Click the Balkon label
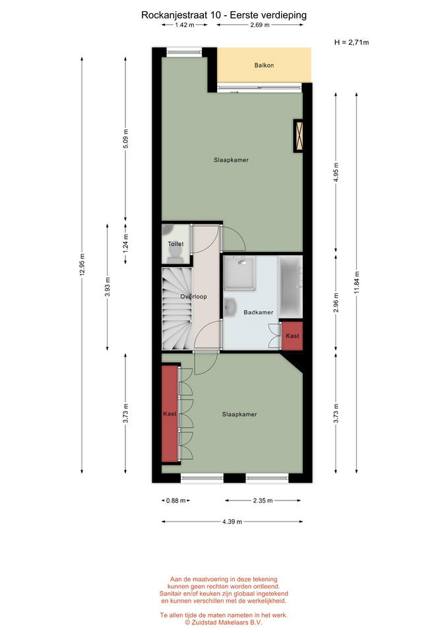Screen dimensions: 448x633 pos(264,65)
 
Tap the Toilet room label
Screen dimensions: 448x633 pos(176,244)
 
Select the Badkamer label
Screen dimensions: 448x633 pos(259,312)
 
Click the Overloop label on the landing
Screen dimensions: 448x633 pos(193,296)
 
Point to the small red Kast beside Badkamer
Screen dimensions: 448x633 pos(292,336)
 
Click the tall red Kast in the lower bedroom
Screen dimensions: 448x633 pos(170,413)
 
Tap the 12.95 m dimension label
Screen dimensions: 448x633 pos(82,265)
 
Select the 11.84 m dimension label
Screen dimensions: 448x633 pos(357,283)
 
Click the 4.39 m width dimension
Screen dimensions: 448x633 pos(232,522)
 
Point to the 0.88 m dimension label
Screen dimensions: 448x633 pos(176,500)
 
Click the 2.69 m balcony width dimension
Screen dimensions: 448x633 pos(260,25)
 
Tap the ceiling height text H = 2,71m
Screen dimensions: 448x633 pos(352,42)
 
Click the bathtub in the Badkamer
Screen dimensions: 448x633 pos(290,287)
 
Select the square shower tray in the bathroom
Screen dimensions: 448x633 pos(240,273)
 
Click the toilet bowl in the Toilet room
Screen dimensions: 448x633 pos(175,253)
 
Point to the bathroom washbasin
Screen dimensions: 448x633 pos(230,307)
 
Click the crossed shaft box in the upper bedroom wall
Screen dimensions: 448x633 pos(298,136)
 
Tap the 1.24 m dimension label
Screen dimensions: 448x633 pos(125,244)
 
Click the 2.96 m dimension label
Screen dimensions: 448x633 pos(336,303)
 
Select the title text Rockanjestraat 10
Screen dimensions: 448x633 pos(181,15)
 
